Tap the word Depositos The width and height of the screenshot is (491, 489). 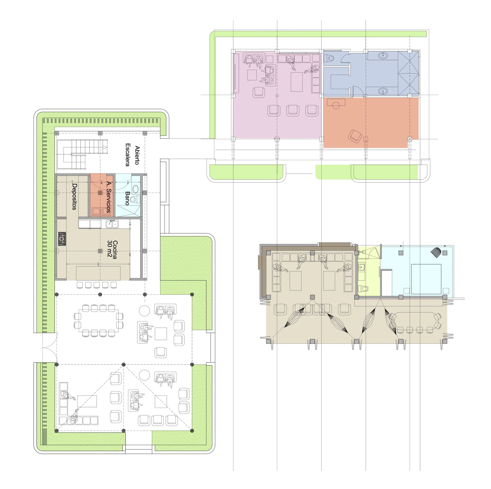(x=74, y=197)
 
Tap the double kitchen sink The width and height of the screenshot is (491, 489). (x=112, y=224)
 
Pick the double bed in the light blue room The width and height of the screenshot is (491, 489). (x=426, y=279)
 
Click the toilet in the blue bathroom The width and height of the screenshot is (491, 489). (x=330, y=58)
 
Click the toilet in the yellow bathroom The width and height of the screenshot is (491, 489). (x=363, y=288)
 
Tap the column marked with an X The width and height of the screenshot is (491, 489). (x=410, y=139)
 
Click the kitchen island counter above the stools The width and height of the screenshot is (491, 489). (x=98, y=273)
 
